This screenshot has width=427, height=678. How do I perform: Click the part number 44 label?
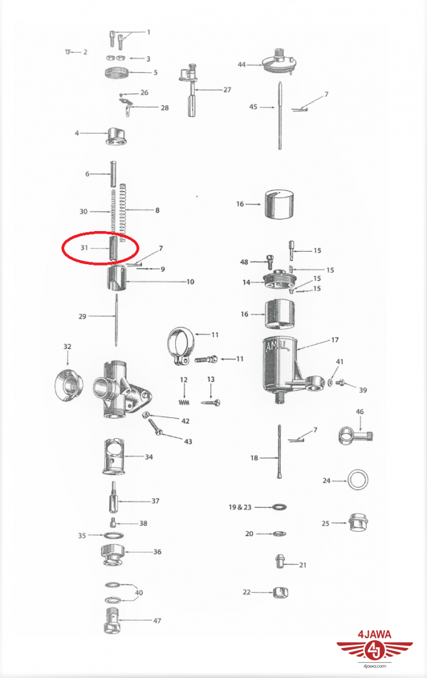click(241, 65)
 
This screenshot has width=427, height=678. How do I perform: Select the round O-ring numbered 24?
click(358, 480)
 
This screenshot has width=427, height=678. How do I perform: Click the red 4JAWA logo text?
click(375, 635)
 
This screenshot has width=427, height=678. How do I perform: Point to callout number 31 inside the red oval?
click(84, 248)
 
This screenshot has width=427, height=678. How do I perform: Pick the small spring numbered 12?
click(184, 402)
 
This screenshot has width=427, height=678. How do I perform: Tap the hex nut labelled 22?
click(281, 592)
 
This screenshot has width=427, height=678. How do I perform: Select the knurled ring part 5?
click(117, 73)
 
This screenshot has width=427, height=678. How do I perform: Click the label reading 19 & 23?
click(240, 507)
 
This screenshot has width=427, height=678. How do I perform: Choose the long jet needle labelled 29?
click(117, 320)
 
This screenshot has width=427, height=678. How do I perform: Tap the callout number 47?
click(157, 620)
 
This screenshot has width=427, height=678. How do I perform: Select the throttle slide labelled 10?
click(116, 279)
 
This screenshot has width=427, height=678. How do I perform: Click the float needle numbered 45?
click(280, 116)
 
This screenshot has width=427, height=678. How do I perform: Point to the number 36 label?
click(158, 552)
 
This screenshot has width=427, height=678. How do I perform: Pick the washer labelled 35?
click(114, 535)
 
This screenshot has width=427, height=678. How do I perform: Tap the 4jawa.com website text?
click(375, 666)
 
